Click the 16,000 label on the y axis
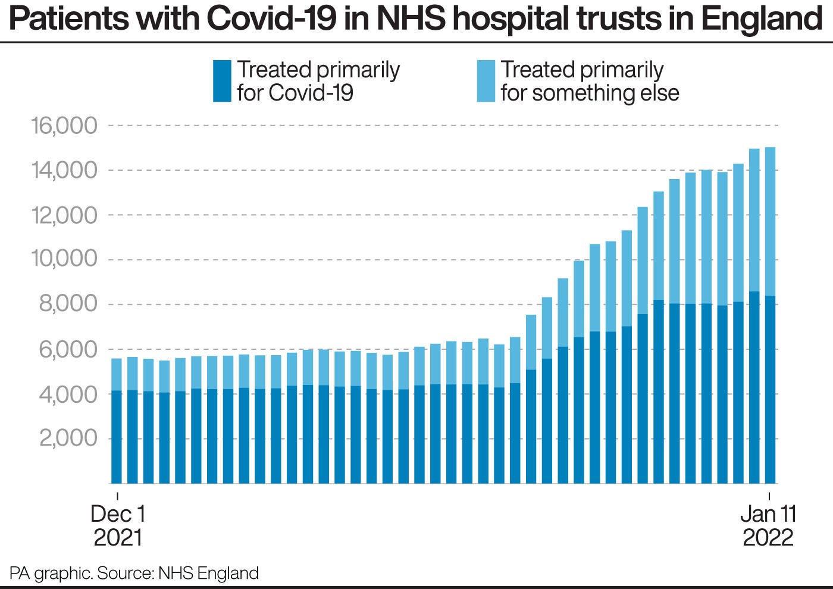64,126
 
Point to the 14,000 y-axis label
64,171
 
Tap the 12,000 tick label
64,215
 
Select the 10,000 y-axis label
64,259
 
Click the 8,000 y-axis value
67,304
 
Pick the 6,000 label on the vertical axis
67,349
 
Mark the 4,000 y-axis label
67,394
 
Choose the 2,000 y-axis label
67,438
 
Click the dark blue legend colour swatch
222,81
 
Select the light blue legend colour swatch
486,81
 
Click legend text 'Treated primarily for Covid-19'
318,81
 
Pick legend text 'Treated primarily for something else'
589,81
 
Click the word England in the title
762,19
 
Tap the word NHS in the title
410,19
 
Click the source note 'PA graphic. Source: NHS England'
134,573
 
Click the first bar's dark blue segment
117,437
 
